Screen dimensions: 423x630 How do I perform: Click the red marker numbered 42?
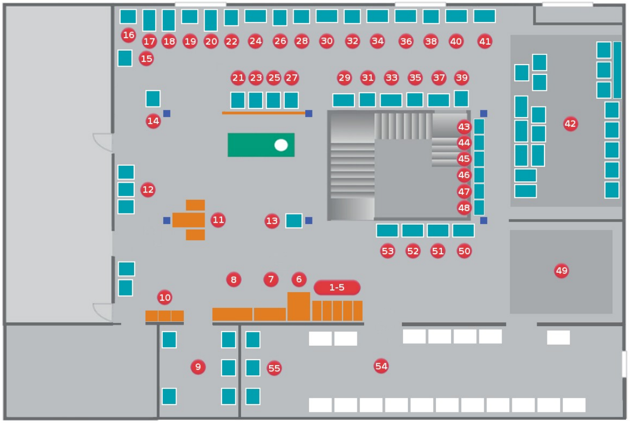tap(570, 124)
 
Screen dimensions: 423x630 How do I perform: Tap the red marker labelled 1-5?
tap(337, 287)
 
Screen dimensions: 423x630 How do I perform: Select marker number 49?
tap(561, 270)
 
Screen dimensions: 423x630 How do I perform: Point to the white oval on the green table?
tap(281, 145)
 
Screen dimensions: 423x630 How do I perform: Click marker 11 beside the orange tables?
tap(218, 220)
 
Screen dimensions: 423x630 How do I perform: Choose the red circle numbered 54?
tap(381, 366)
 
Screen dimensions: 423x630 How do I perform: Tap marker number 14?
tap(153, 121)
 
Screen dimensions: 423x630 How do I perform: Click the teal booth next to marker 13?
tap(294, 221)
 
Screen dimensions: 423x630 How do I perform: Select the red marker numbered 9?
tap(198, 366)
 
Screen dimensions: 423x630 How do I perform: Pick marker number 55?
tap(274, 368)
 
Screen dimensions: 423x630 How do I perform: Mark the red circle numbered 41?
tap(485, 41)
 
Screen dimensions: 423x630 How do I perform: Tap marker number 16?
tap(128, 35)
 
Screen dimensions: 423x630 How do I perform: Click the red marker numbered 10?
tap(165, 297)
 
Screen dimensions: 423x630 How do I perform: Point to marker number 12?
tap(148, 190)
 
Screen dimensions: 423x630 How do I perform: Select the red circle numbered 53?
tap(387, 251)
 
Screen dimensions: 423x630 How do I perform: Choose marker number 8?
tap(233, 279)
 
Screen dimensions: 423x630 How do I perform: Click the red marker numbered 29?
tap(344, 77)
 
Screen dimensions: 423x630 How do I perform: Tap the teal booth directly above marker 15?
tap(125, 58)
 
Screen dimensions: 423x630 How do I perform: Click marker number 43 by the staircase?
tap(464, 127)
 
